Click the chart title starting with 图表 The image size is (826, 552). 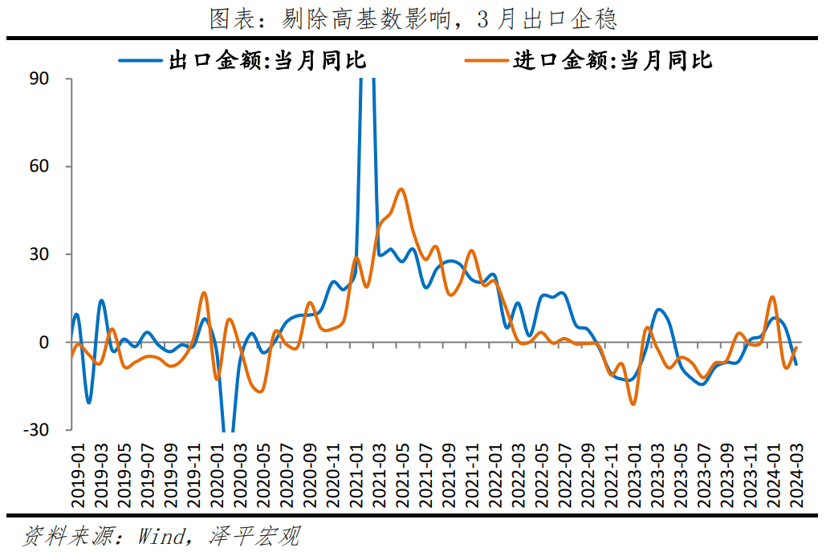413,19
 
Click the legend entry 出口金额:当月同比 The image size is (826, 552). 267,60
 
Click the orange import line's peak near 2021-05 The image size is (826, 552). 401,190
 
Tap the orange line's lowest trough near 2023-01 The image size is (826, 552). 633,404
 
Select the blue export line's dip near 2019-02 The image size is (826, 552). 88,402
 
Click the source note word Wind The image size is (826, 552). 161,536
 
